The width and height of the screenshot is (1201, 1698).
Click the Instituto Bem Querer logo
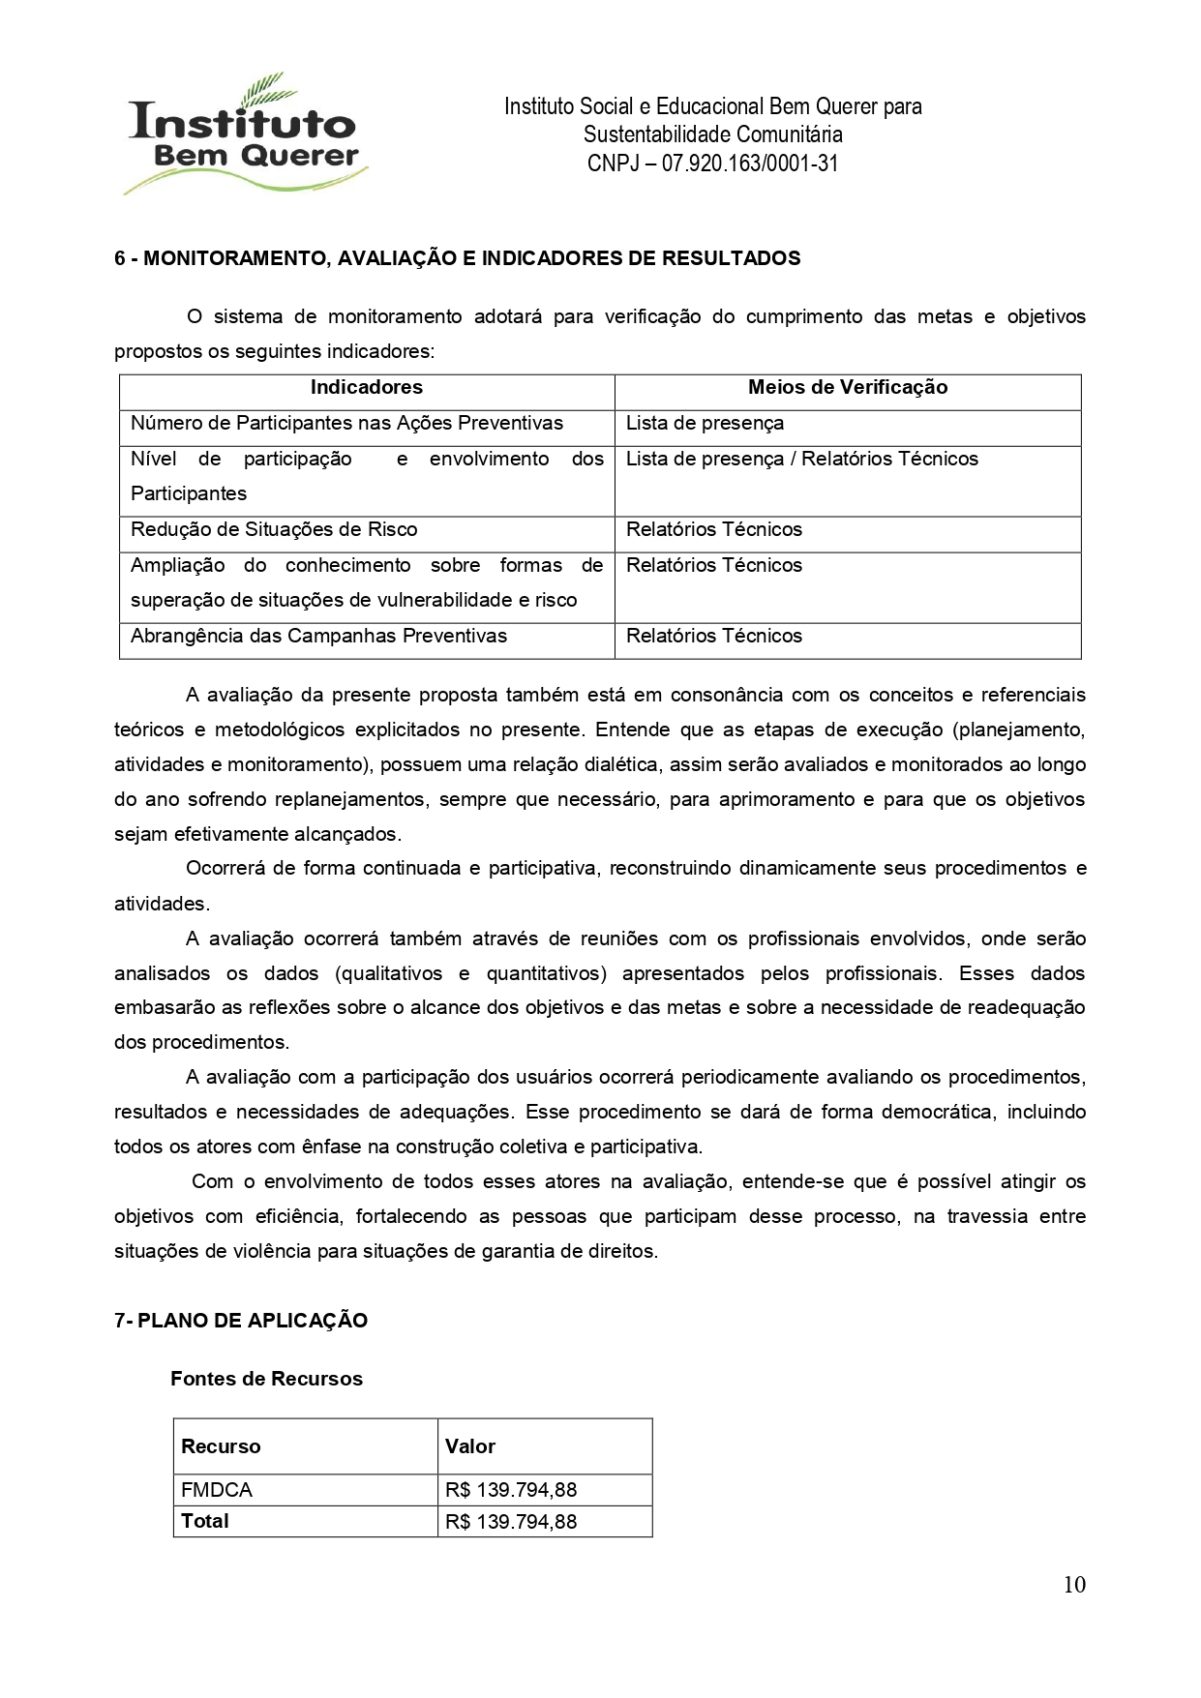pos(246,135)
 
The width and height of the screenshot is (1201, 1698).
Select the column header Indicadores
pos(366,388)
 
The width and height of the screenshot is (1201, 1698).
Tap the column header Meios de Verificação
pos(847,388)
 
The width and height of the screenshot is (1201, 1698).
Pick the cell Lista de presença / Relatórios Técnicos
pos(801,460)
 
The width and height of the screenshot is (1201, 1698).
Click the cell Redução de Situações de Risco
pos(274,530)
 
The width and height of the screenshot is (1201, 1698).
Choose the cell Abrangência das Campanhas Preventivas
pos(318,637)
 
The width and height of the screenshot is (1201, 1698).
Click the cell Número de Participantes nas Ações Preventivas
pos(346,424)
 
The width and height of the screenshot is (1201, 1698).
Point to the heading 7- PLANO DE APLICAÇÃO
pos(241,1321)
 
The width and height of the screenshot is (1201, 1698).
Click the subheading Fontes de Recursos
pos(266,1379)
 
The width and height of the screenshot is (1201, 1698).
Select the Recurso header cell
pos(221,1446)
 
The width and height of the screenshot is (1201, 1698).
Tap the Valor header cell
pos(470,1446)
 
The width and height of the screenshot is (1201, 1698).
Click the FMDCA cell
pos(217,1490)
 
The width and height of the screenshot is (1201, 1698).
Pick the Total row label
pos(205,1521)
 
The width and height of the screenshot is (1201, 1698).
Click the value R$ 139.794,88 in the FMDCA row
pos(511,1490)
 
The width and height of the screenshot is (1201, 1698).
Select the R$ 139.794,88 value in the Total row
pos(511,1522)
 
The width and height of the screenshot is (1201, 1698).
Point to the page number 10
pos(1074,1585)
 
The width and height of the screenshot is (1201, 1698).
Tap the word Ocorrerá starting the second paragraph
pos(224,869)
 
